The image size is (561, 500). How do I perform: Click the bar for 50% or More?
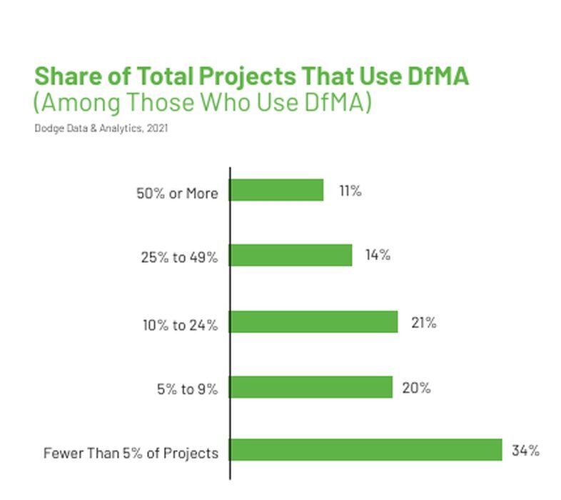coord(276,191)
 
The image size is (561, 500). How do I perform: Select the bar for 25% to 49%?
coord(290,256)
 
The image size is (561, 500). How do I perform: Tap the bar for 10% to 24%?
coord(313,321)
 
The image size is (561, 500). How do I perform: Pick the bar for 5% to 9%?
coord(310,387)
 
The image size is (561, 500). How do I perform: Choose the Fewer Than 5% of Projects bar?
coord(365,450)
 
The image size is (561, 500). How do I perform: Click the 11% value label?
coord(350,191)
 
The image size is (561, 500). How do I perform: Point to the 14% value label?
coord(378,255)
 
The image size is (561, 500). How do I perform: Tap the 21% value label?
coord(423,323)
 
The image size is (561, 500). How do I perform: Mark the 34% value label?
coord(525,451)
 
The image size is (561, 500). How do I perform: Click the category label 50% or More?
coord(177,194)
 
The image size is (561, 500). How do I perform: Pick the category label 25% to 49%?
coord(179,258)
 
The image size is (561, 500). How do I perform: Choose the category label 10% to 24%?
coord(179,325)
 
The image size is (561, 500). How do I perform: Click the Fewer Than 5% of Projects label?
coord(131,453)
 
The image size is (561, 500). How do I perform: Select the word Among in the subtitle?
coord(77,103)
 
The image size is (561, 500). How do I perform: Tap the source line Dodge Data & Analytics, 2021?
coord(101,129)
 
